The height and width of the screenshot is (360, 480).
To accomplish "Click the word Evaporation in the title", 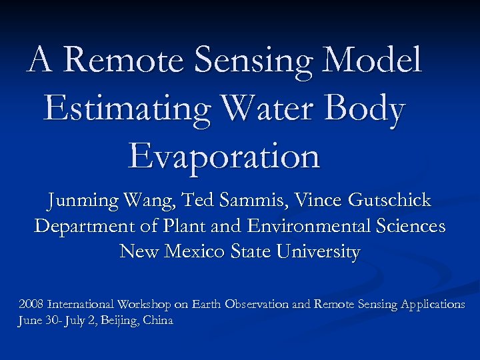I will tap(225, 157).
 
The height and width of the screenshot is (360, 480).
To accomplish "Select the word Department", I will tap(83, 227).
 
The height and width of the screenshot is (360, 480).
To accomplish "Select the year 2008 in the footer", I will tap(30, 304).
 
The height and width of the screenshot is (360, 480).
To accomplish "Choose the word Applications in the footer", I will tap(433, 305).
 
